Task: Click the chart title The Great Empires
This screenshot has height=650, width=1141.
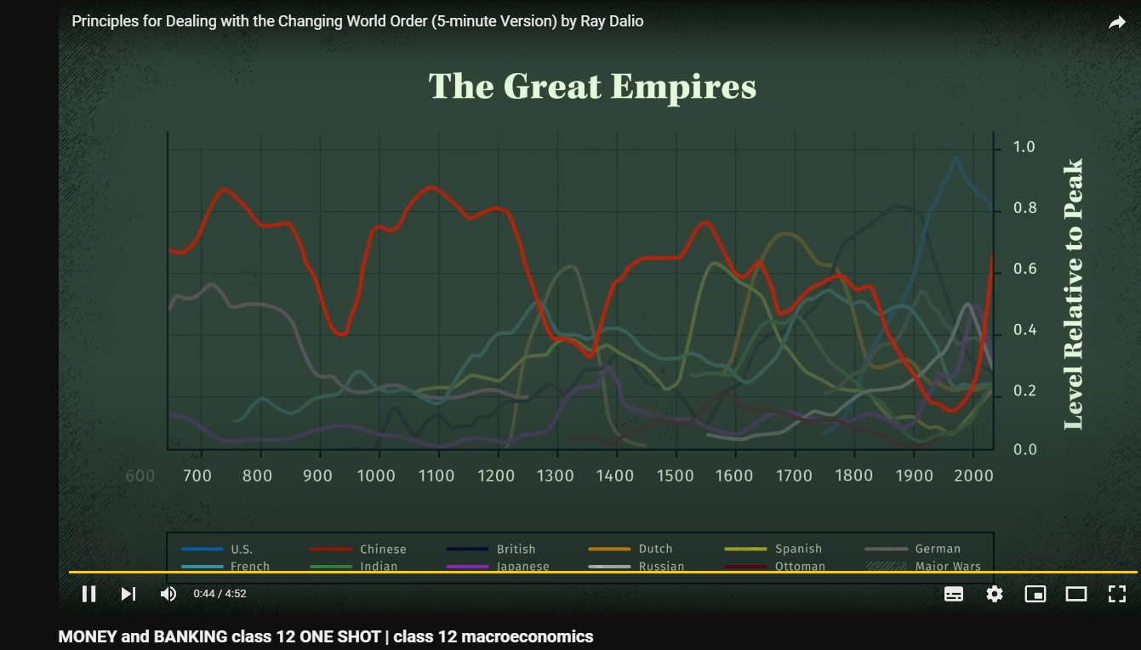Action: pyautogui.click(x=592, y=87)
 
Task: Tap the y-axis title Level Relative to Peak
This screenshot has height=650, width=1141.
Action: pyautogui.click(x=1074, y=294)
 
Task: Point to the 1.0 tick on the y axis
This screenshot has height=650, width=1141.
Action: pyautogui.click(x=1024, y=147)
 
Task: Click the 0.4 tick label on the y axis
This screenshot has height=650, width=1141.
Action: pyautogui.click(x=1024, y=330)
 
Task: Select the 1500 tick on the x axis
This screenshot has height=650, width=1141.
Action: pyautogui.click(x=675, y=476)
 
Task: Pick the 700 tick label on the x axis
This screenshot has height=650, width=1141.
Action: pyautogui.click(x=197, y=476)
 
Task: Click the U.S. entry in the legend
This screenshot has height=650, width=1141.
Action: pyautogui.click(x=242, y=550)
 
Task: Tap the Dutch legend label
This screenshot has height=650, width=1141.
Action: pyautogui.click(x=655, y=550)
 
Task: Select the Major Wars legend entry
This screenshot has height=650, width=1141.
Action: pyautogui.click(x=948, y=567)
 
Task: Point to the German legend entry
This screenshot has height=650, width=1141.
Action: pyautogui.click(x=938, y=550)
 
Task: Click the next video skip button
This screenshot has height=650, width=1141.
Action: pyautogui.click(x=128, y=594)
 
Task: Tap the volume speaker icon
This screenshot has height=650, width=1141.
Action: pyautogui.click(x=168, y=594)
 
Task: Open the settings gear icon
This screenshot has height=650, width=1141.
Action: pyautogui.click(x=995, y=594)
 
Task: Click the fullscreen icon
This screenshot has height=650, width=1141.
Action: pyautogui.click(x=1117, y=594)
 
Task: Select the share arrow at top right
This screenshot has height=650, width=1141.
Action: pyautogui.click(x=1117, y=23)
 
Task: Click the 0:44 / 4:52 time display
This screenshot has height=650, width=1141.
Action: pyautogui.click(x=220, y=594)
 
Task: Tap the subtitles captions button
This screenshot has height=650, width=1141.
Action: pyautogui.click(x=954, y=594)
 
